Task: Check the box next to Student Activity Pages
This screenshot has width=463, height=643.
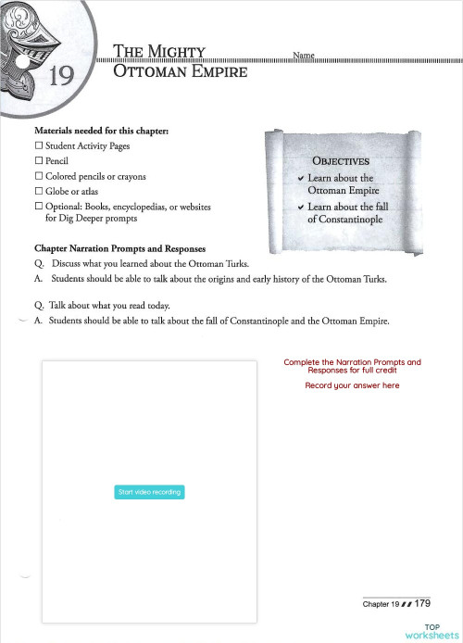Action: (x=38, y=146)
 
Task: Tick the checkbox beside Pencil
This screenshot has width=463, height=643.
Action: (x=38, y=161)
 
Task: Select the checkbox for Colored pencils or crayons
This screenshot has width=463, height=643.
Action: (x=38, y=176)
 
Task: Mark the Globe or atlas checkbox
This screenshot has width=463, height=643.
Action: (x=38, y=191)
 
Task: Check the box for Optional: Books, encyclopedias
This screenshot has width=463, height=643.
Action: (x=38, y=206)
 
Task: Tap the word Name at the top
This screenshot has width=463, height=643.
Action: (x=304, y=56)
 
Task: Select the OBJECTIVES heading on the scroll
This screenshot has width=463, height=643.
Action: (x=341, y=160)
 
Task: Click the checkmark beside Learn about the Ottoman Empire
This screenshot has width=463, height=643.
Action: (x=300, y=179)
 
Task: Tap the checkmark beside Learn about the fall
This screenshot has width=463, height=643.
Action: (x=300, y=208)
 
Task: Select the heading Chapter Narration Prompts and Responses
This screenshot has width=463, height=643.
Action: (x=119, y=249)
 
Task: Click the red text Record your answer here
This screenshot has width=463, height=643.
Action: (x=352, y=385)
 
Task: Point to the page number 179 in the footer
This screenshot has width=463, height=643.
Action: (x=424, y=604)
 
